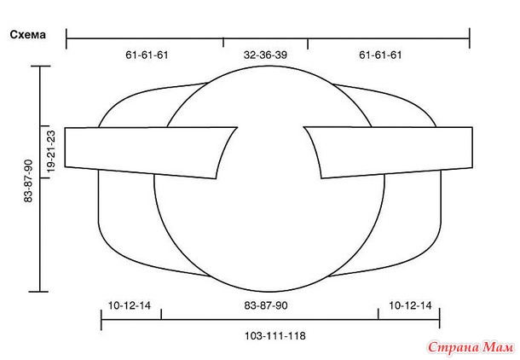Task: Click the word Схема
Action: [28, 35]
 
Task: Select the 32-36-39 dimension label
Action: [265, 55]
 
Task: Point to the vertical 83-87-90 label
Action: [28, 181]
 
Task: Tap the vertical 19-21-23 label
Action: [51, 151]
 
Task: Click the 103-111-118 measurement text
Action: [275, 336]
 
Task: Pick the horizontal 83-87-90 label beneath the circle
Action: [266, 305]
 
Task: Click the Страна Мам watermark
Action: [471, 347]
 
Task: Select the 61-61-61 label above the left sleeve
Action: [147, 55]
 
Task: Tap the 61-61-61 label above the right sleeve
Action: [380, 55]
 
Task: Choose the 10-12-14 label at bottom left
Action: [130, 305]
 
